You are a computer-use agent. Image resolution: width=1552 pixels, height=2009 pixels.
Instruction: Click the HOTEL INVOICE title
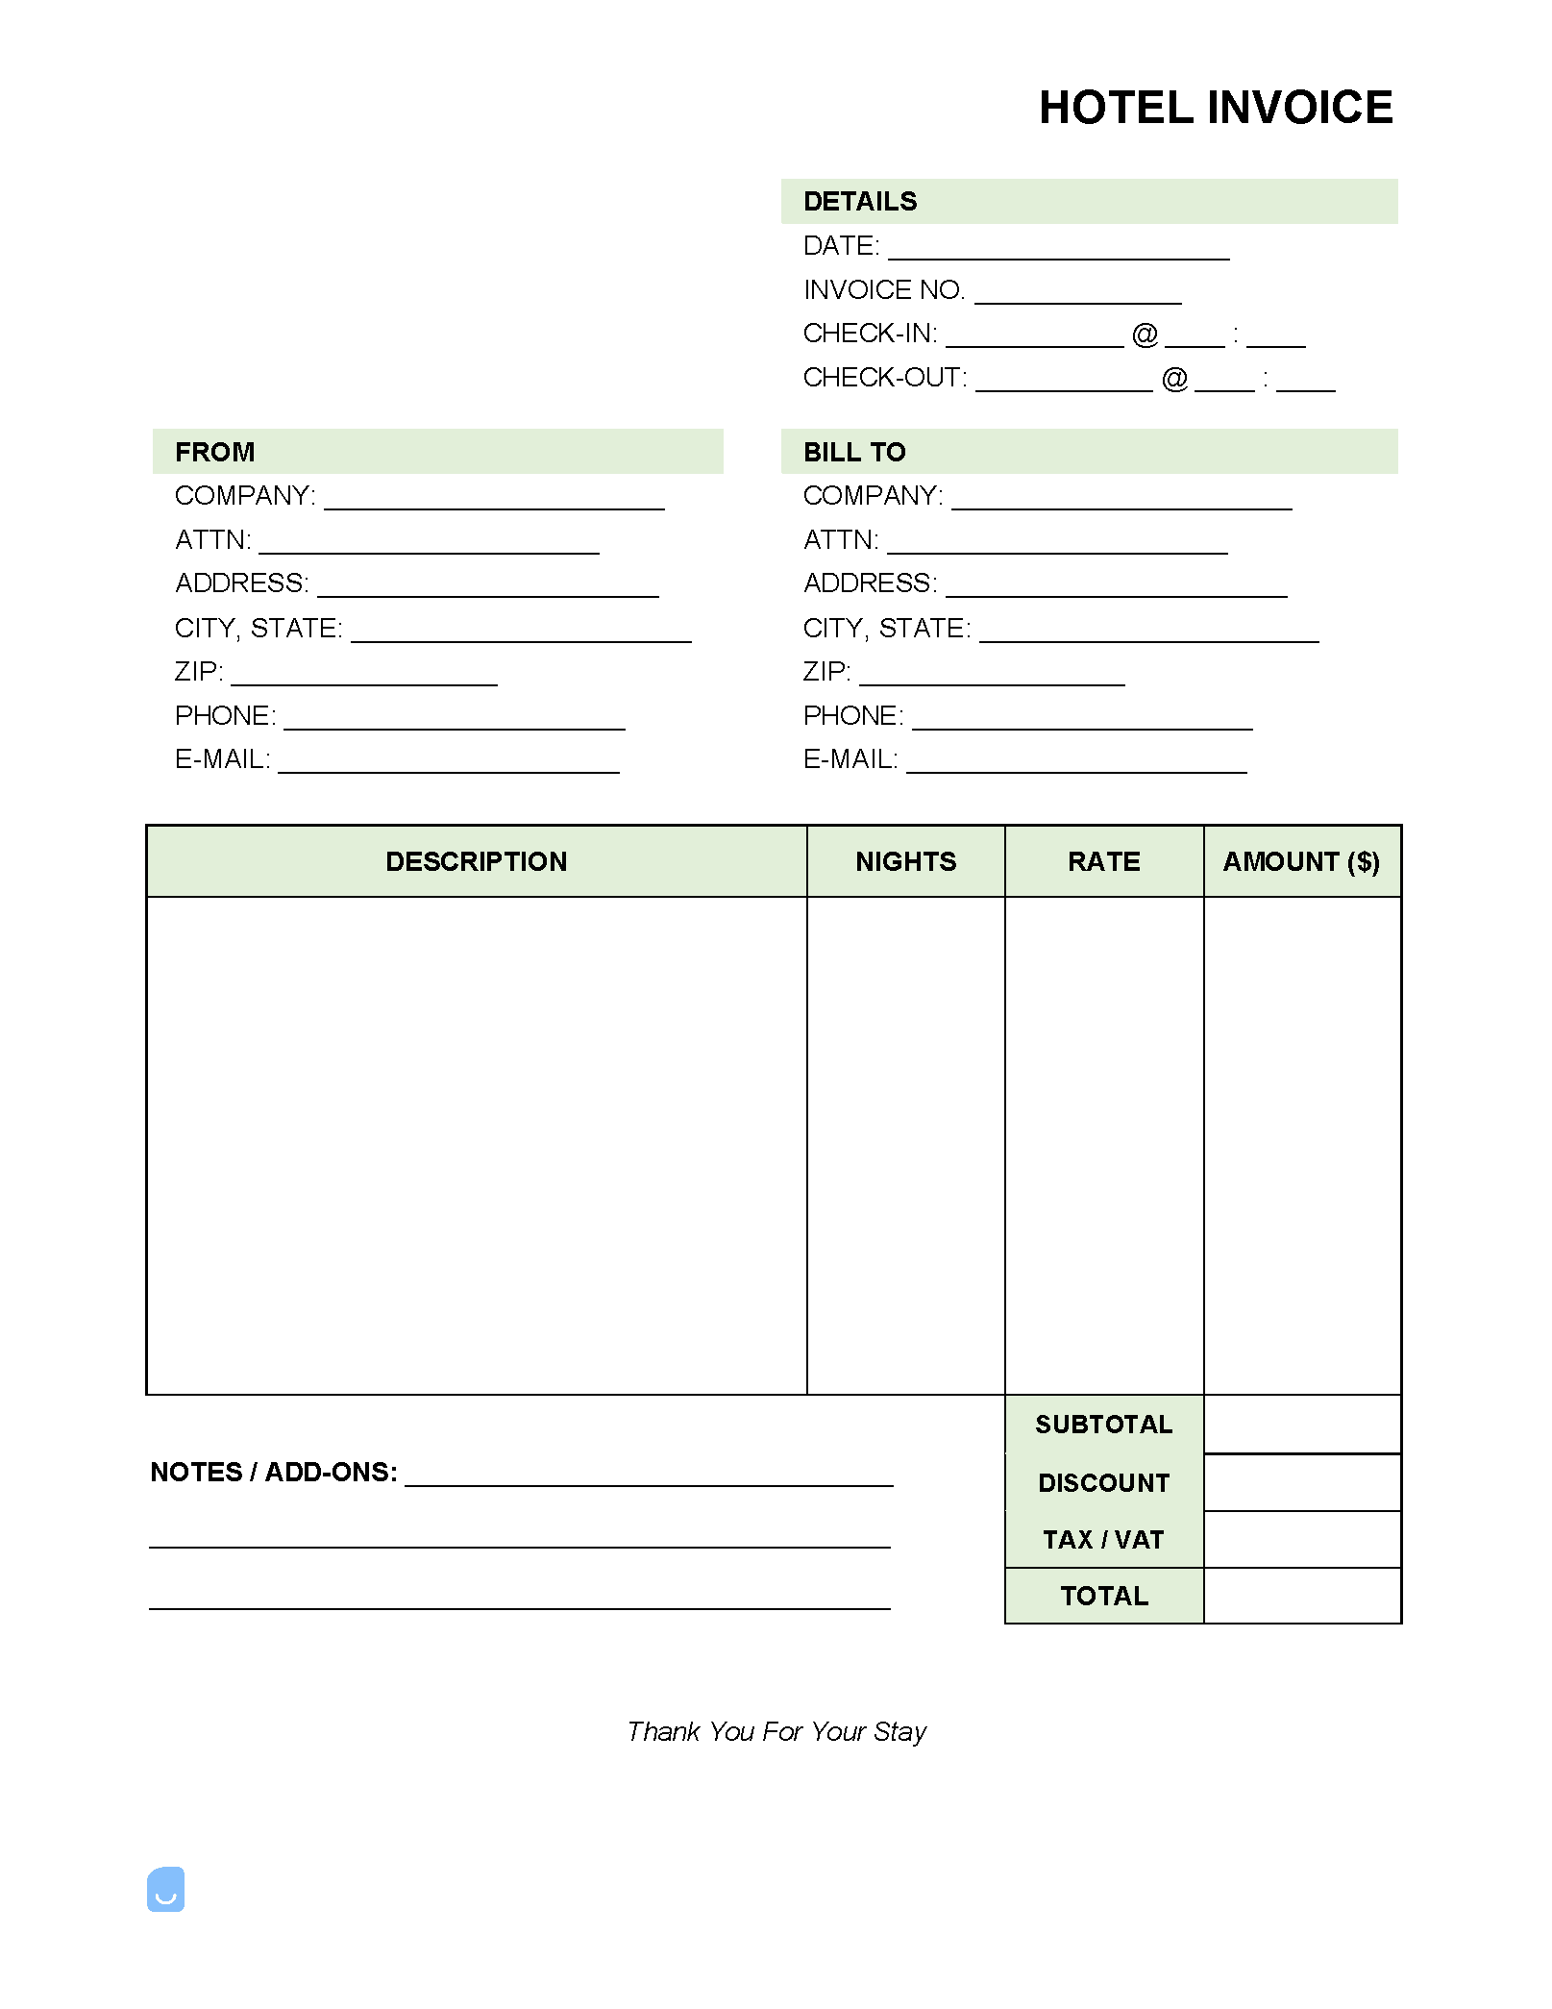(1215, 108)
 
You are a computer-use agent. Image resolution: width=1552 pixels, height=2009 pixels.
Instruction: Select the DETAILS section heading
(860, 202)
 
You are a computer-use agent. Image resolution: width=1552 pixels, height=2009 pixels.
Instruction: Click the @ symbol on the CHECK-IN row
(1145, 335)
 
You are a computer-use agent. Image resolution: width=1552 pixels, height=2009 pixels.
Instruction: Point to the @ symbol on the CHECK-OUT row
(1174, 379)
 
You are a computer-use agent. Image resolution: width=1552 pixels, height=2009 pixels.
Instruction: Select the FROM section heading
(215, 452)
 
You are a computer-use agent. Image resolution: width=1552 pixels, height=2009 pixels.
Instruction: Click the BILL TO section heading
(854, 452)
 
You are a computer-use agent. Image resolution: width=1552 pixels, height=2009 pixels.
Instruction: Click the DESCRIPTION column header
(476, 861)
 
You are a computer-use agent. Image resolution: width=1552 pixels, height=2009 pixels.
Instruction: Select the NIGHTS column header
(905, 861)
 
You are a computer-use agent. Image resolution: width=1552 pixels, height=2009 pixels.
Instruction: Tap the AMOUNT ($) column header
(1301, 861)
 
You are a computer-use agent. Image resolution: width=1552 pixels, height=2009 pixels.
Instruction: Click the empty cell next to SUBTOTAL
(1301, 1425)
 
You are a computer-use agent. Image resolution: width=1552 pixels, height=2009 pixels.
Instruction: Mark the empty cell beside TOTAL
(1301, 1596)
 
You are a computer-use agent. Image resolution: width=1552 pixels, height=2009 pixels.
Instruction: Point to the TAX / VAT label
(1103, 1540)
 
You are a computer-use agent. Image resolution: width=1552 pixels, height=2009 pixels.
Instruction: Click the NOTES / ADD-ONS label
(274, 1473)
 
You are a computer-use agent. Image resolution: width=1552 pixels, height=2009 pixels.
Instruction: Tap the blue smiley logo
(165, 1889)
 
